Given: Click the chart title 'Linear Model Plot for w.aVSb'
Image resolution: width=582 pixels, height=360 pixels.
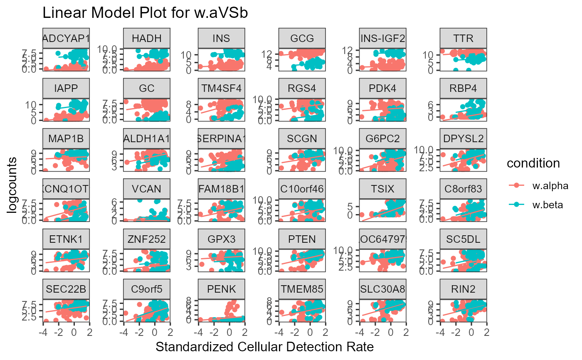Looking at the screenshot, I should [145, 13].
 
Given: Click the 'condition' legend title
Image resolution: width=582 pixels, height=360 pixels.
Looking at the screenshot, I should [533, 164].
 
